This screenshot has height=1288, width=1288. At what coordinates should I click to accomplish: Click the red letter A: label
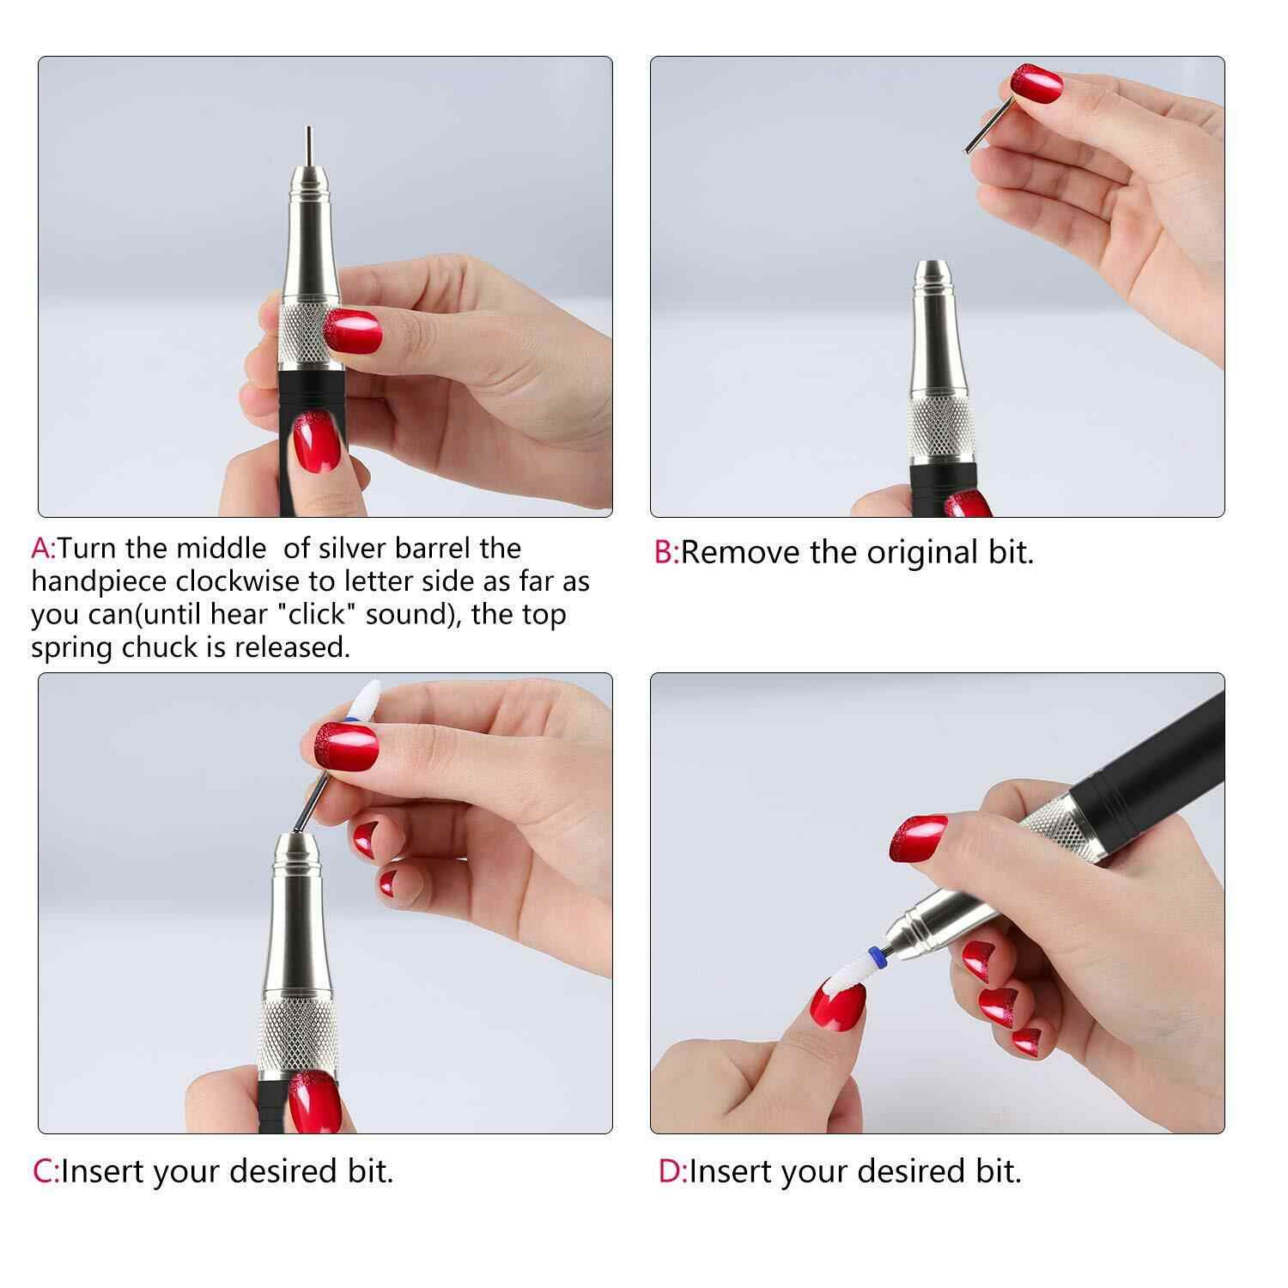click(43, 548)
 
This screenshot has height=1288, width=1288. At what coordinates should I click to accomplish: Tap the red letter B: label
click(666, 552)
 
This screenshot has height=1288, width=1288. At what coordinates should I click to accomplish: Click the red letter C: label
click(45, 1171)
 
